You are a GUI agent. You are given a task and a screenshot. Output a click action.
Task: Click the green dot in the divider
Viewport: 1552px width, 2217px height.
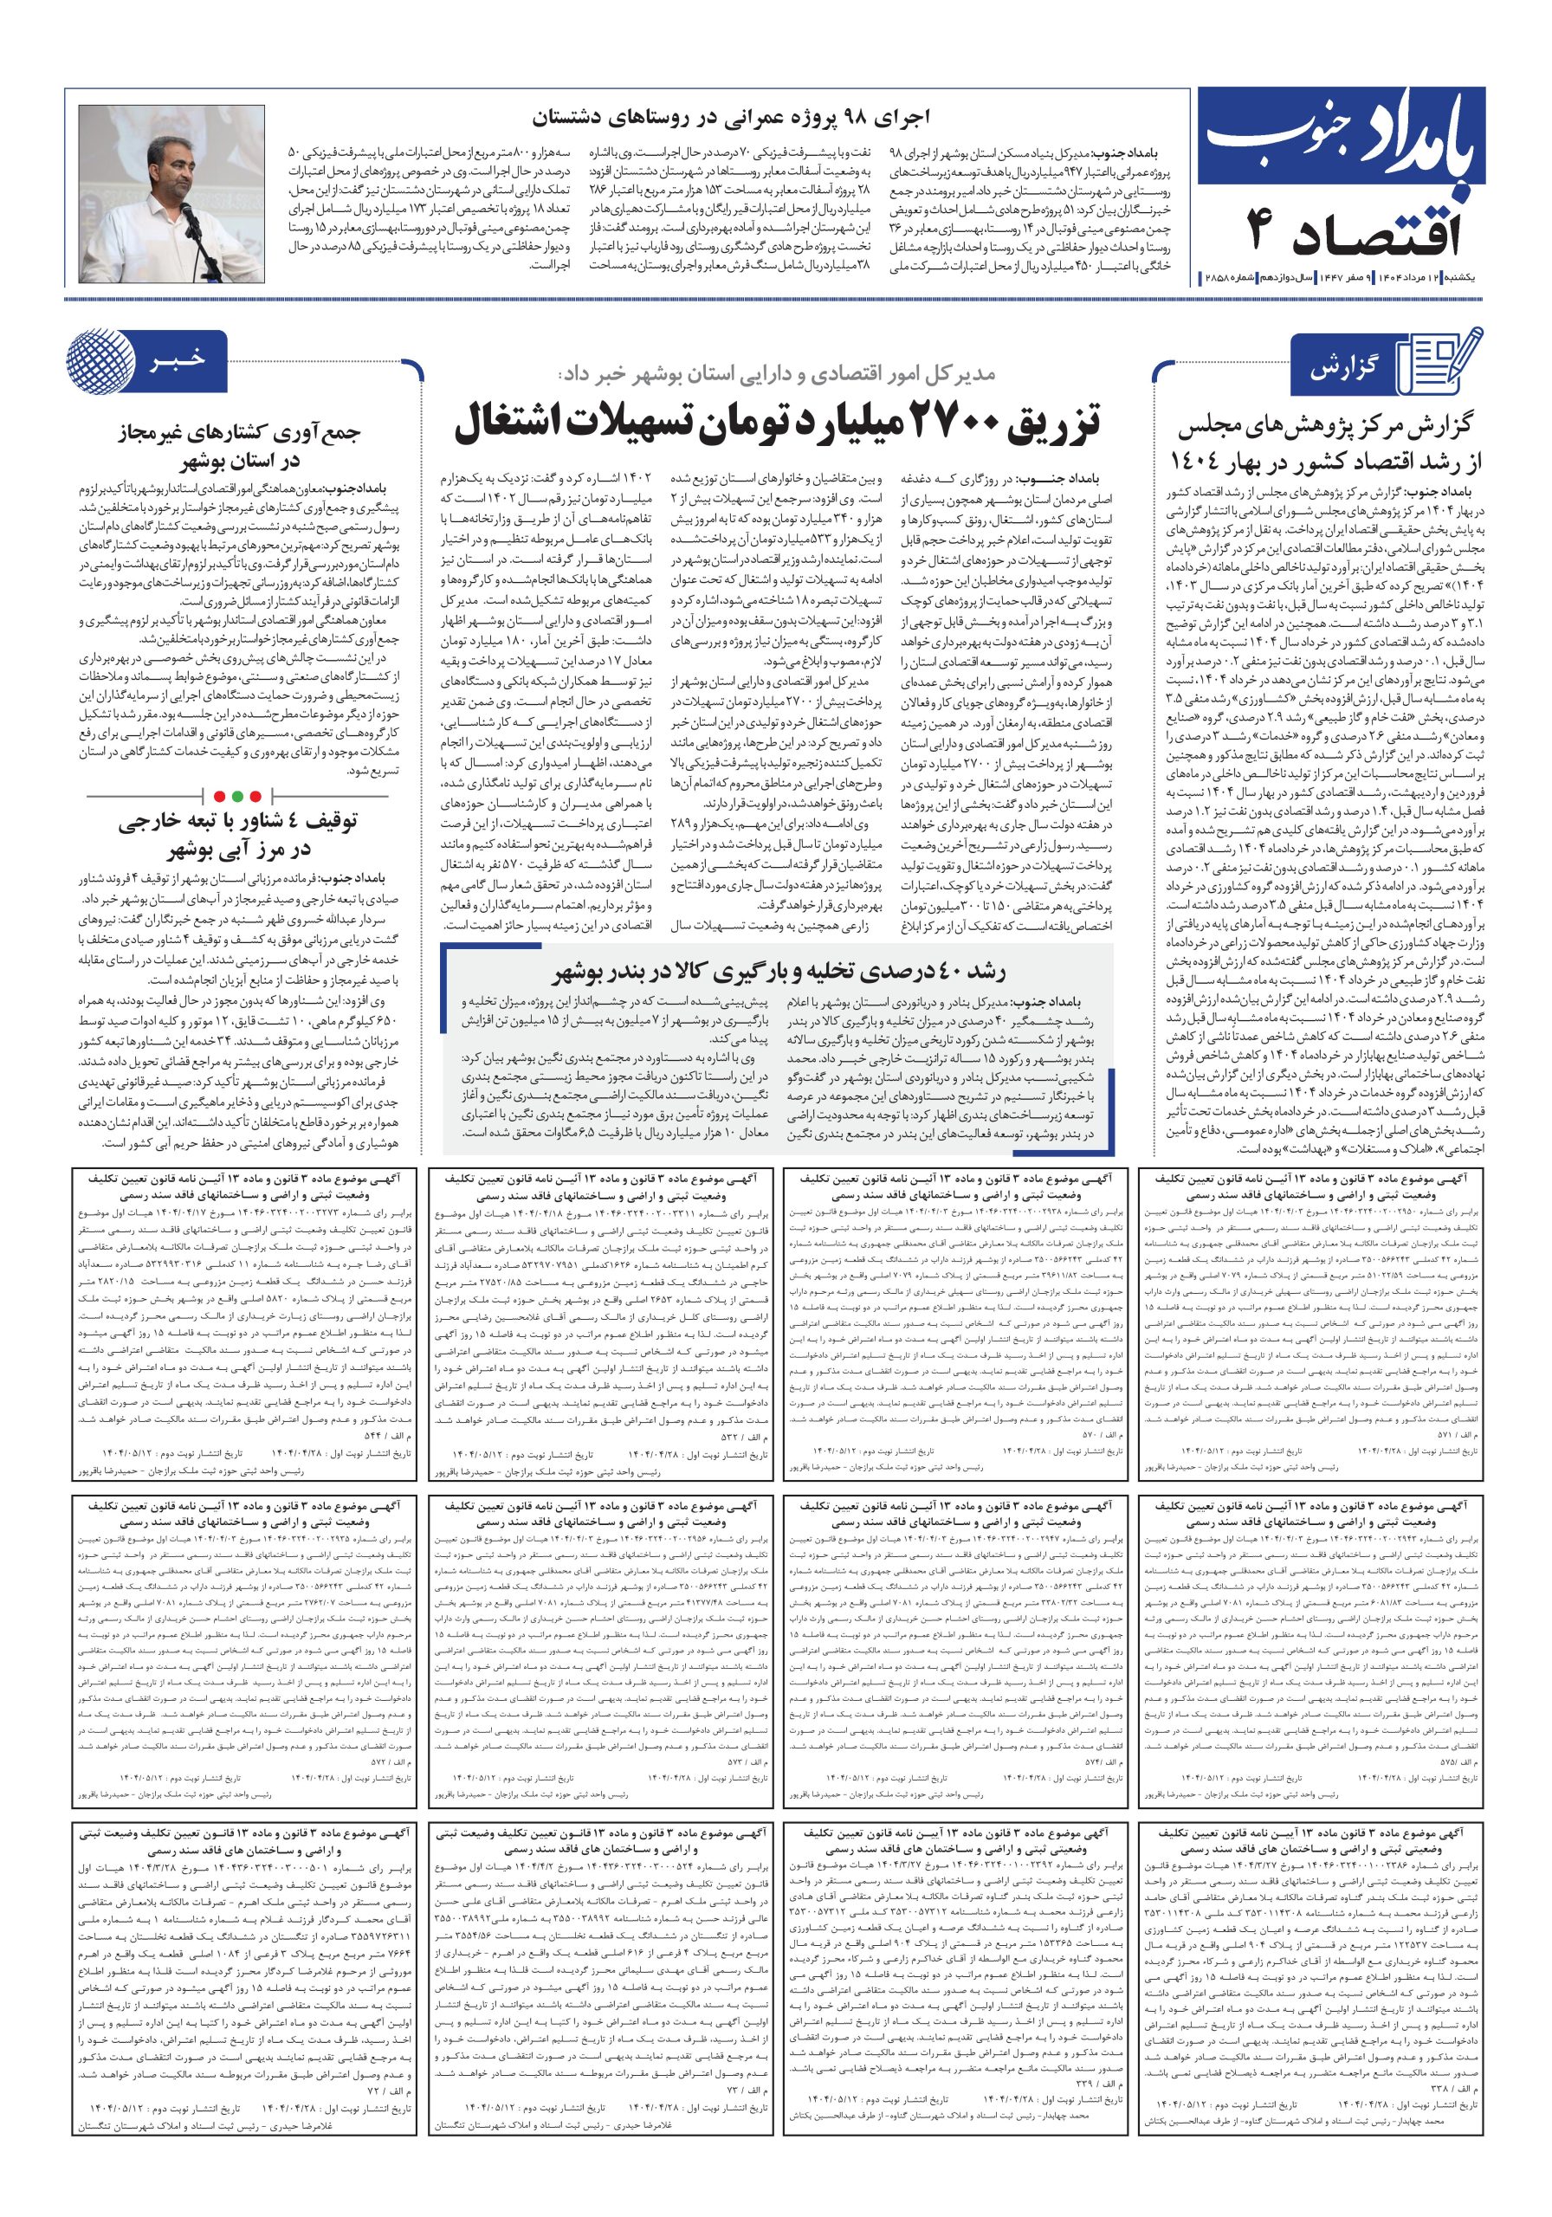click(260, 796)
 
